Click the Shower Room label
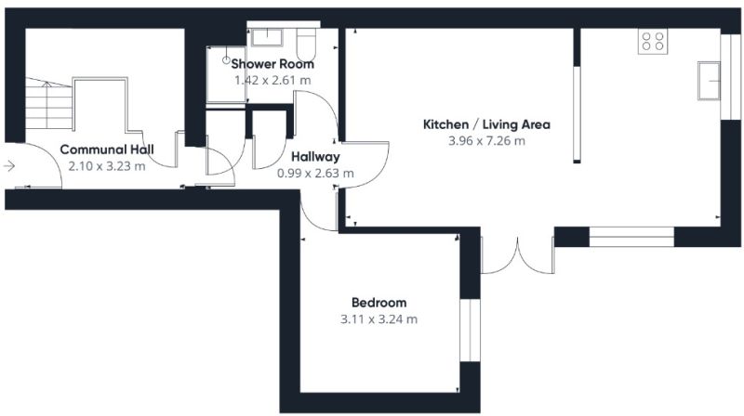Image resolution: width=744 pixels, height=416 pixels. tap(272, 63)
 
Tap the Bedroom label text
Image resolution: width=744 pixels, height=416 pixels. tap(379, 303)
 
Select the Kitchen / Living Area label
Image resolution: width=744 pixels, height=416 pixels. tap(486, 124)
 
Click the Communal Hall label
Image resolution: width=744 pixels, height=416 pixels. tap(107, 149)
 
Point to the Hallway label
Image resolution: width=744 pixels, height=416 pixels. tap(315, 156)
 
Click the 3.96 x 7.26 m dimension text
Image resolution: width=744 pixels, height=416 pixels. tap(486, 141)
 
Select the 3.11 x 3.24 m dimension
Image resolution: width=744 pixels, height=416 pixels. tap(379, 319)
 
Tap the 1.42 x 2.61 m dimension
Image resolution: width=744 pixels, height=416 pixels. tap(272, 80)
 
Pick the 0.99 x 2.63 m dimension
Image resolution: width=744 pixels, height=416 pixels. tap(315, 174)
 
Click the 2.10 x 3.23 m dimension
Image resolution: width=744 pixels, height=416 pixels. tap(107, 166)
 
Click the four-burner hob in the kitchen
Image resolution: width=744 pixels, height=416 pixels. tap(653, 41)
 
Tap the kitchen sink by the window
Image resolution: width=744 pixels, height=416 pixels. tap(709, 81)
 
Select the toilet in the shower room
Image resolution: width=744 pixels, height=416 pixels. tap(306, 45)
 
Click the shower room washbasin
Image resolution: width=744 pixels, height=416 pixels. tap(267, 37)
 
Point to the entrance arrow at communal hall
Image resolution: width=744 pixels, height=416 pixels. tap(9, 166)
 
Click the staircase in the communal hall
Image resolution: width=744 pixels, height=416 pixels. tap(48, 103)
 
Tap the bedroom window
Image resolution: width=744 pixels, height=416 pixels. tap(470, 331)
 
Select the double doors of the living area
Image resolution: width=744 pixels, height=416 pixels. tap(518, 255)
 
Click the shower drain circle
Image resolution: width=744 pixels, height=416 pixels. tap(226, 60)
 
